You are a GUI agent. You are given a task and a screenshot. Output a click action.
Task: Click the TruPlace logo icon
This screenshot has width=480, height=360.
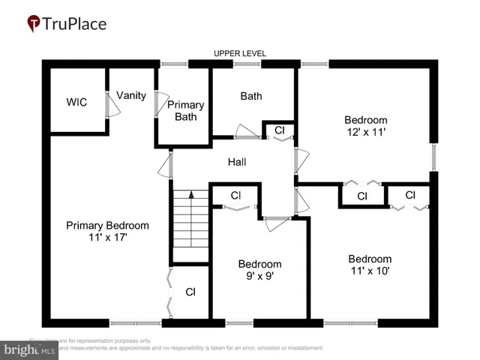click(x=34, y=24)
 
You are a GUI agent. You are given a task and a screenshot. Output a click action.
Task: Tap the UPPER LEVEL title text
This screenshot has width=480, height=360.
click(x=240, y=54)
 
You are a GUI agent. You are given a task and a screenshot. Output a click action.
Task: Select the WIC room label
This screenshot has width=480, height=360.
click(x=76, y=102)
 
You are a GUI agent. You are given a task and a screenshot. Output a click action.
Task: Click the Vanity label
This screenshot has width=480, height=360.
click(x=130, y=95)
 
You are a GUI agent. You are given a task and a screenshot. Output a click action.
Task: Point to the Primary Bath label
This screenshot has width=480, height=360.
click(x=184, y=110)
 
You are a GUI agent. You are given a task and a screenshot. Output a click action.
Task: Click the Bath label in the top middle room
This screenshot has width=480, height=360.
click(x=250, y=96)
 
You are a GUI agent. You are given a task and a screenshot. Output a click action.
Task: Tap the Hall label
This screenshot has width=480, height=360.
click(x=237, y=162)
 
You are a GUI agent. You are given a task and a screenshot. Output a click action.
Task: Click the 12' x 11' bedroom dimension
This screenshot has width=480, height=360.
click(x=365, y=132)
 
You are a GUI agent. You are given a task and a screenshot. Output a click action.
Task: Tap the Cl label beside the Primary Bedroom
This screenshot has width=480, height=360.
click(x=190, y=292)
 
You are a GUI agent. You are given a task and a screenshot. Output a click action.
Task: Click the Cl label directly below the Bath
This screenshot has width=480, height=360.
click(x=280, y=130)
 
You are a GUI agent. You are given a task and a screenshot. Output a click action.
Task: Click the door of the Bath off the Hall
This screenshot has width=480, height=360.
click(x=246, y=133)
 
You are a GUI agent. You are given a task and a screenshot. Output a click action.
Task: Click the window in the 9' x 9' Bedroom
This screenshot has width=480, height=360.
click(x=239, y=323)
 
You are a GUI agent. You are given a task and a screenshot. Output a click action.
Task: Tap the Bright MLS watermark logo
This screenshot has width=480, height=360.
click(x=30, y=349)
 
